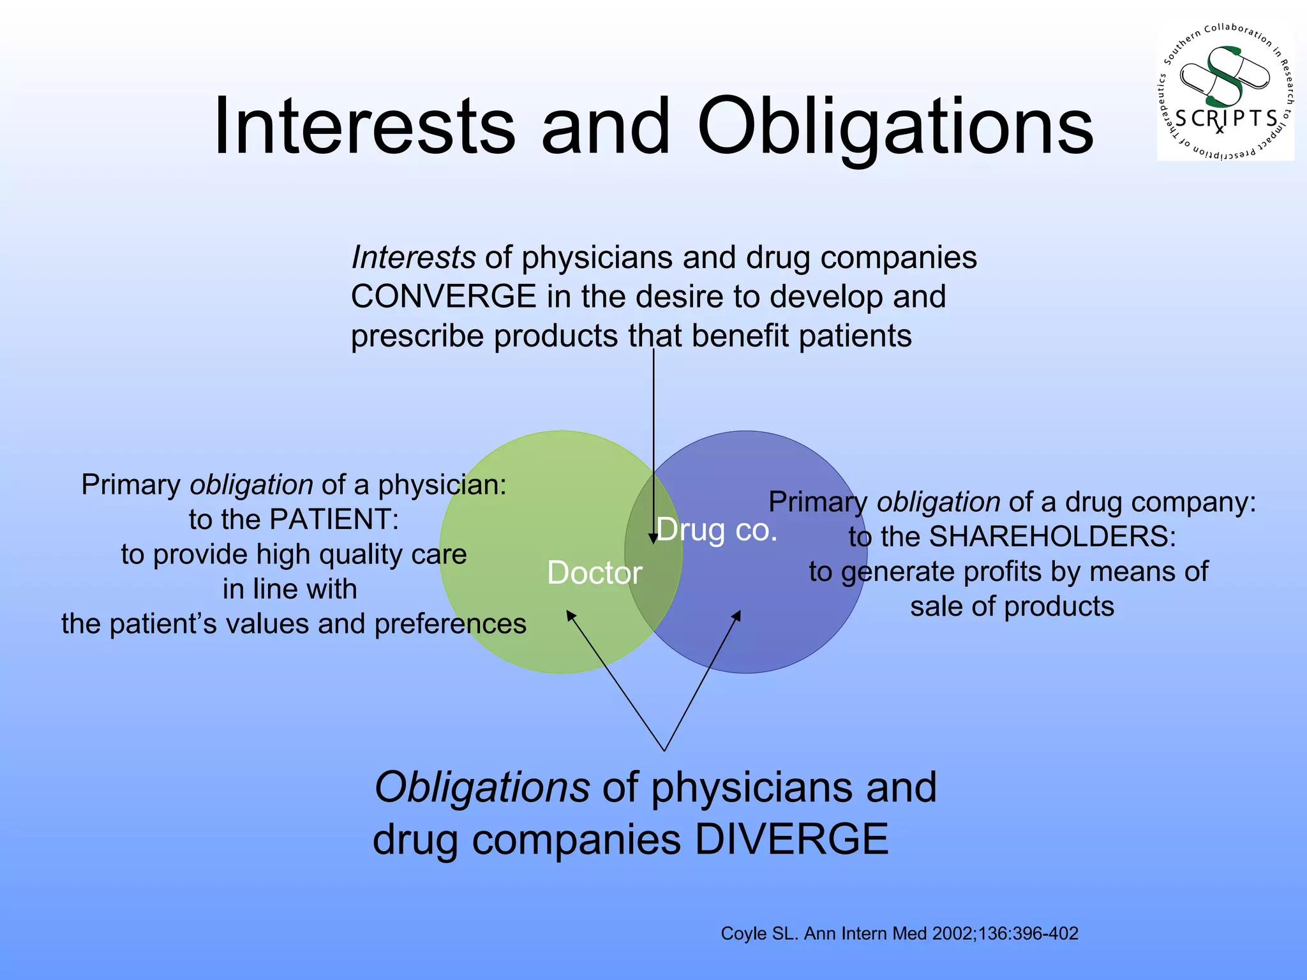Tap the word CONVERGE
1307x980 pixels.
point(444,297)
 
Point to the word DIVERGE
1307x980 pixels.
point(791,839)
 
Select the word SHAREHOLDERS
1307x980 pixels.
point(1052,537)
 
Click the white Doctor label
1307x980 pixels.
point(594,573)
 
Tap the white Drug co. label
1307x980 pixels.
point(717,530)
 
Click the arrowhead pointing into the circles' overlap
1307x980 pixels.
point(653,538)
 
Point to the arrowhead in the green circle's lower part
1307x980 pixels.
point(571,616)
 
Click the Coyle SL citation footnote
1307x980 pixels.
point(899,933)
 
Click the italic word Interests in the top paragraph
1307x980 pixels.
point(413,258)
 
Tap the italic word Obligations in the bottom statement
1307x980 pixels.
point(482,787)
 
